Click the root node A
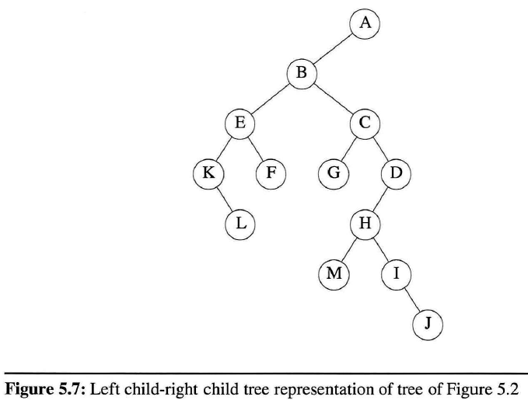365,23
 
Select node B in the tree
302,74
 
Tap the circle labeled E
240,123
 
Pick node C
365,123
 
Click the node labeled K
208,172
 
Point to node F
271,172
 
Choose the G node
333,172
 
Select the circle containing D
396,172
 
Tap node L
240,223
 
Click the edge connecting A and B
333,49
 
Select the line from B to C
333,99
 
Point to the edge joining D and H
380,198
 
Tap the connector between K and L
224,198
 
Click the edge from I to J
411,298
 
